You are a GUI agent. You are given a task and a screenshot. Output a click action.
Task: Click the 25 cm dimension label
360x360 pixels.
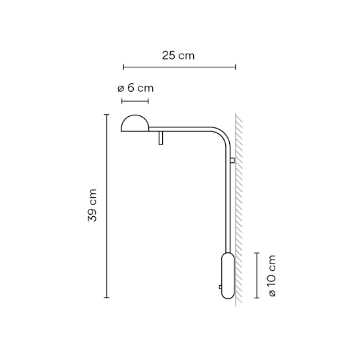click(178, 56)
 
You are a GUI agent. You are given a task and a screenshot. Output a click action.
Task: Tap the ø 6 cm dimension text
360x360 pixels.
click(135, 88)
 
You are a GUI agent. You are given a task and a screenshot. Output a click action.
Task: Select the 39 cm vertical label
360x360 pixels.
click(92, 205)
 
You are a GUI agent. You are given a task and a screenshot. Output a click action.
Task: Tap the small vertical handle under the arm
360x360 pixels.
click(161, 138)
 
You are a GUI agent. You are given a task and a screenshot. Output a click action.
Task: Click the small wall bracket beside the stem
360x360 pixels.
click(232, 160)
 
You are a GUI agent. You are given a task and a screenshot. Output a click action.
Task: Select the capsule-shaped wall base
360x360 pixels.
click(228, 276)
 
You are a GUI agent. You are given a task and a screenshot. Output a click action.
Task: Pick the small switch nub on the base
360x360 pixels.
click(220, 287)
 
